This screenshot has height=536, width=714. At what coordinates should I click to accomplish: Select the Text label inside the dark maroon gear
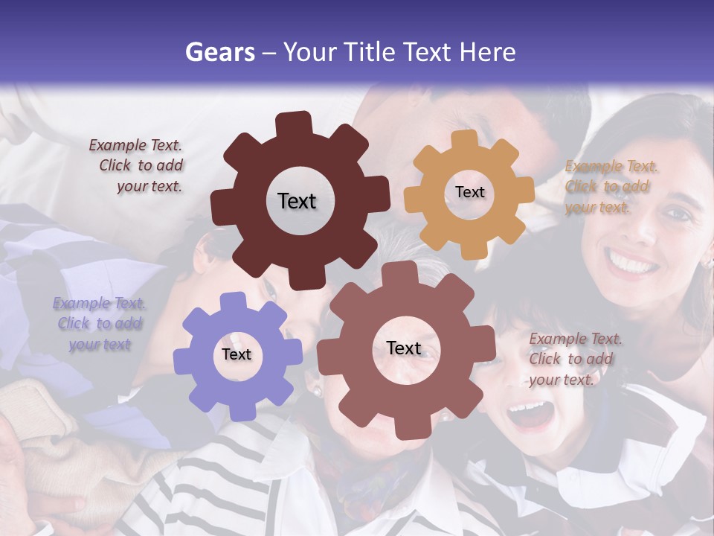(x=297, y=201)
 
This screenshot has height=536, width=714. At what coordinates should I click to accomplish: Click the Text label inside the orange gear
(x=469, y=192)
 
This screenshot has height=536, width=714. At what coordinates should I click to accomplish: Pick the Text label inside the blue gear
(x=237, y=354)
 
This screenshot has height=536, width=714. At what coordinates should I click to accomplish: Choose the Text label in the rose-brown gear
(x=404, y=348)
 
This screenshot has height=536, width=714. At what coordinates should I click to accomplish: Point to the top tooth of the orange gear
(x=465, y=140)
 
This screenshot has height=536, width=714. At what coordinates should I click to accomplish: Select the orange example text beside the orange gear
(x=610, y=187)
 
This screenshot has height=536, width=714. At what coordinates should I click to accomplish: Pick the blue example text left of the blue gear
(x=99, y=324)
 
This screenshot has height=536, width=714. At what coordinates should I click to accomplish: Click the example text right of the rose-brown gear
(x=574, y=359)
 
